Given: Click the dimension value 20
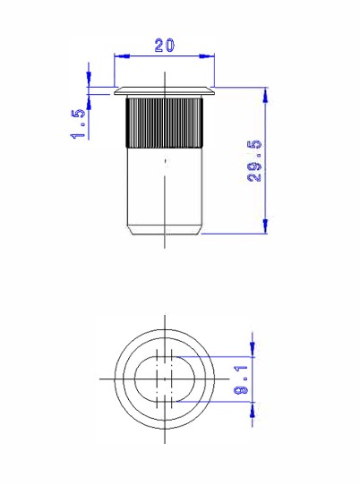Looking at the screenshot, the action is click(165, 45).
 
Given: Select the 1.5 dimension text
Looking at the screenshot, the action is click(78, 123).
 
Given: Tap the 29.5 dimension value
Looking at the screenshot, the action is click(254, 161).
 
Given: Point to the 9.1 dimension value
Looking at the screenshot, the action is click(241, 379).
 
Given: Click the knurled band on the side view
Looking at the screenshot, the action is click(165, 123).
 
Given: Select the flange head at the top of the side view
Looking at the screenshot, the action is click(165, 91).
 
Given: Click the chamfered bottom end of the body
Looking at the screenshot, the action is click(165, 231).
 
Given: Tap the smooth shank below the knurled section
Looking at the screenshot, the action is click(165, 187).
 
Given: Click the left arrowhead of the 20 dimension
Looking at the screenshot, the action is click(122, 56).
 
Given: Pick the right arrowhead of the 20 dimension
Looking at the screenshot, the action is click(207, 56).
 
